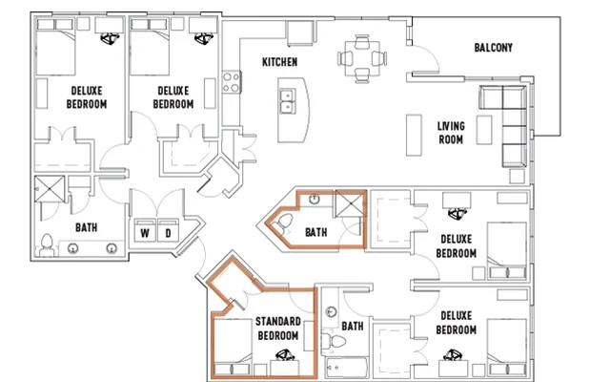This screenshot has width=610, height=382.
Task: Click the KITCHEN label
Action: tap(280, 62)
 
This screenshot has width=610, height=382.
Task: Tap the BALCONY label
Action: tap(494, 48)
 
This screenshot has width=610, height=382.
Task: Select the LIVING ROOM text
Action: tap(451, 133)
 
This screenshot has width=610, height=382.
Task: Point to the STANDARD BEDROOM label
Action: tap(277, 329)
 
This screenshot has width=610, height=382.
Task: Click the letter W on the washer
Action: tap(145, 232)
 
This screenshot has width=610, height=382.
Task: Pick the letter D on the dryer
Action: tap(168, 232)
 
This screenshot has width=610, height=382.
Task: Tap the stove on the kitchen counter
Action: tap(230, 82)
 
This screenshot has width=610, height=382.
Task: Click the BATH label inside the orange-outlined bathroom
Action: tap(315, 231)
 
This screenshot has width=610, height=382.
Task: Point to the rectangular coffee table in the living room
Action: tap(416, 134)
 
